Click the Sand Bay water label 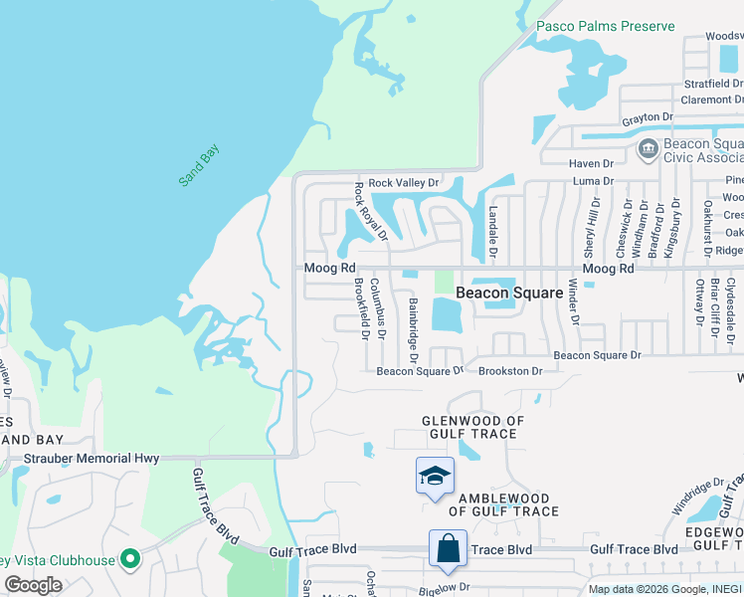tap(199, 166)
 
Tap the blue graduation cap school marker tap(435, 477)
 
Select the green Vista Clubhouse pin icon tap(128, 559)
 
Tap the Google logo tap(33, 585)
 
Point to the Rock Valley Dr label tap(403, 183)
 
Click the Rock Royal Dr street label tap(371, 211)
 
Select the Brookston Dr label tap(510, 371)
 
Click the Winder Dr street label tap(573, 301)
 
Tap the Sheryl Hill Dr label tap(595, 224)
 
